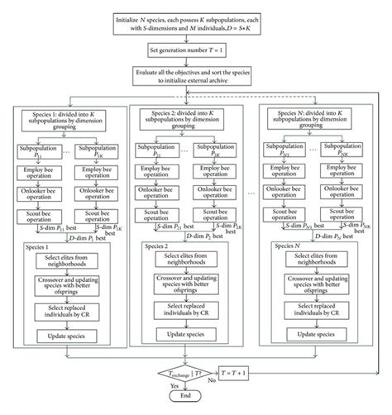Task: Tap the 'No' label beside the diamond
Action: coord(211,383)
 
